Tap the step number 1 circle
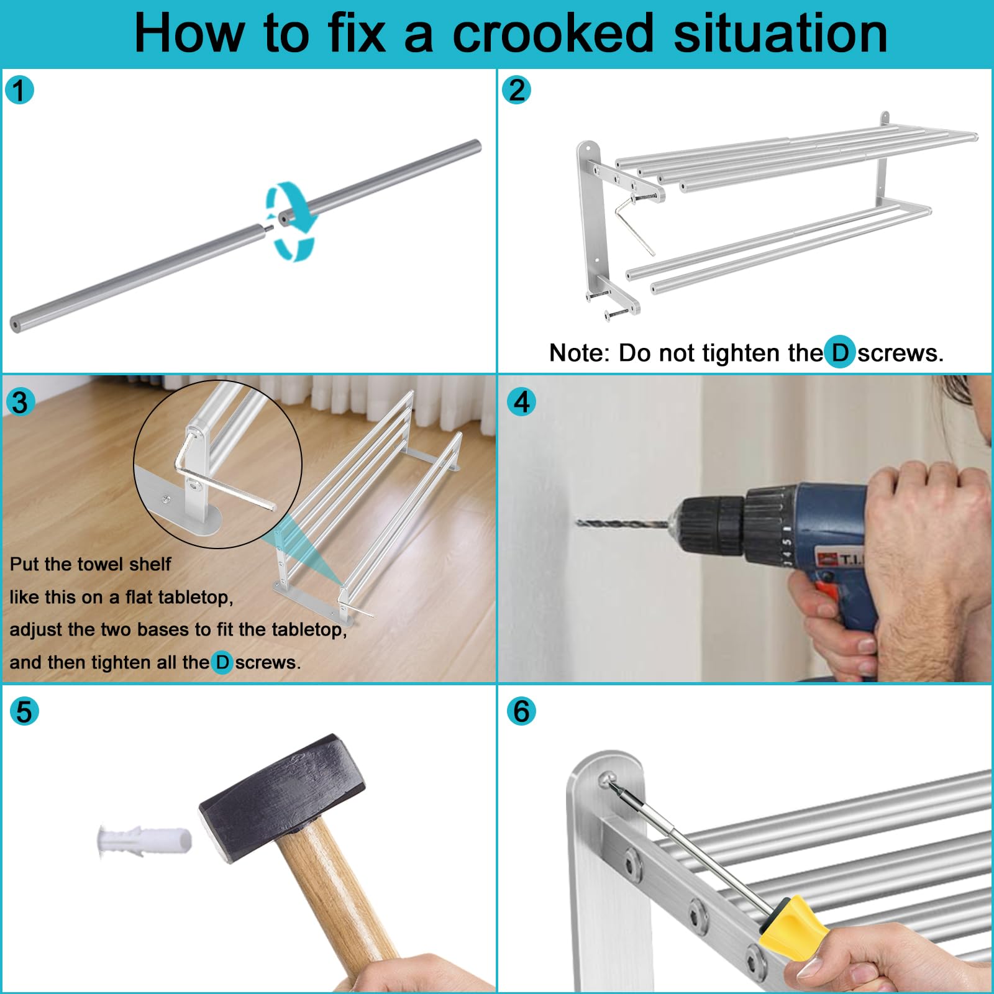[19, 90]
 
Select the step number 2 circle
[516, 90]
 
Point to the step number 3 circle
[19, 402]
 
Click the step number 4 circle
[521, 402]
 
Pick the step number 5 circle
[24, 711]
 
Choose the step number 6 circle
[521, 711]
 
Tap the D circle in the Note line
[840, 352]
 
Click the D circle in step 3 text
[222, 662]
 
